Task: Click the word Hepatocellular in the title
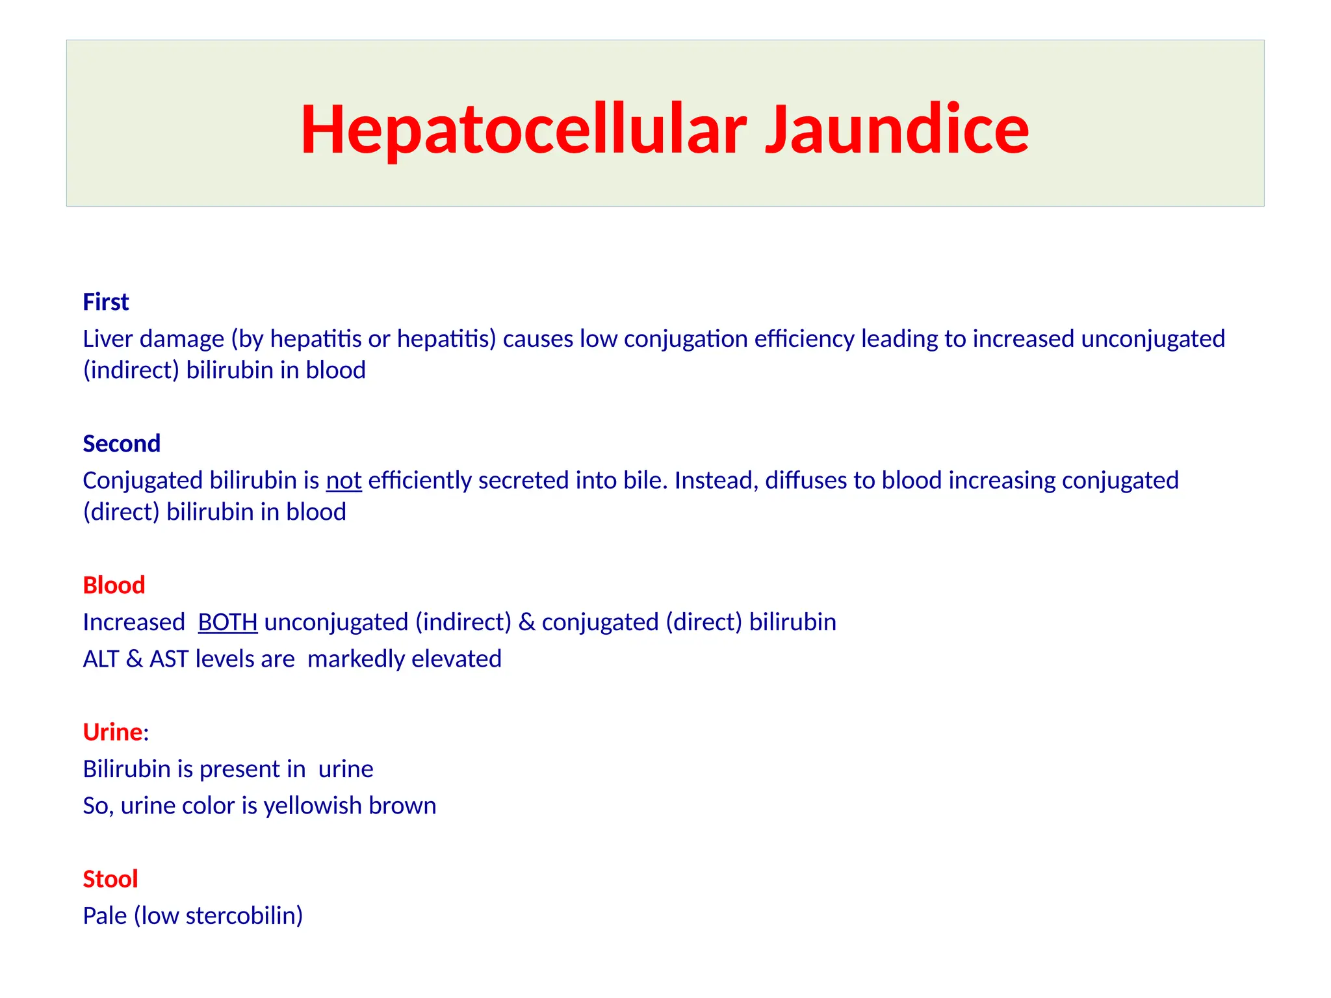[523, 129]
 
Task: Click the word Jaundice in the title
[897, 129]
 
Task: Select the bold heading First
[106, 302]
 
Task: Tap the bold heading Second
[122, 444]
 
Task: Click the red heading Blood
[114, 585]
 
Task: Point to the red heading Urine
[112, 732]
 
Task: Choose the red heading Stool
[110, 879]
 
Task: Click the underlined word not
[344, 481]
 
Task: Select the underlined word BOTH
[227, 622]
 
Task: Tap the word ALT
[101, 659]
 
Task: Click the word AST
[169, 659]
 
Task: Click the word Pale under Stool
[105, 916]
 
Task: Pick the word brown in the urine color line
[402, 806]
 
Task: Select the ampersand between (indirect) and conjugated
[527, 622]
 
